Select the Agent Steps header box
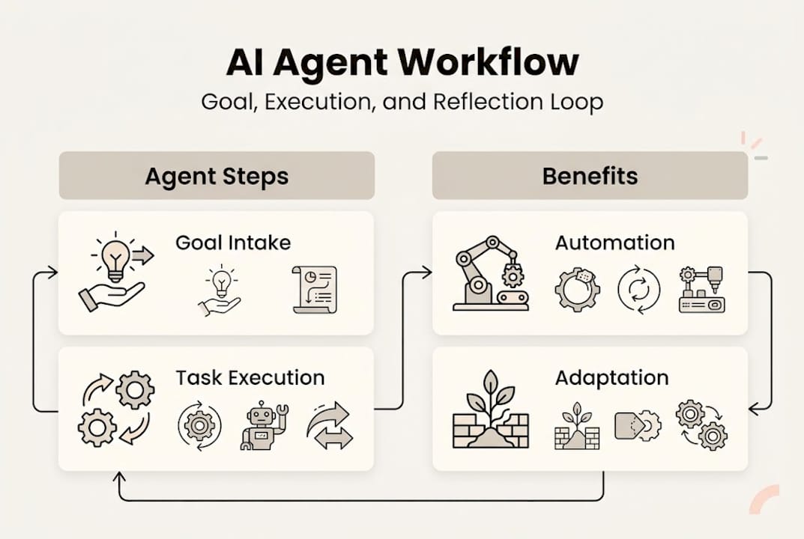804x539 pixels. [217, 176]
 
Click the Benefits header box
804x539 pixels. [590, 176]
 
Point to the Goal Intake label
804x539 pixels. [233, 243]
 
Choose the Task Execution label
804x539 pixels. [250, 377]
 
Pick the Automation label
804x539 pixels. [614, 243]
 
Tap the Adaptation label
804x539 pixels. [611, 377]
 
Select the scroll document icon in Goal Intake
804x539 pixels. [314, 289]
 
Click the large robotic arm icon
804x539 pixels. [489, 273]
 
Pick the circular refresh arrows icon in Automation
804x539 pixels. [639, 290]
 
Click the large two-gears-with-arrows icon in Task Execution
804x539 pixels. [116, 408]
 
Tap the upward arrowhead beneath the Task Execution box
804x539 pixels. [118, 478]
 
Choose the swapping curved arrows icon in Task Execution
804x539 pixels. [329, 426]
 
